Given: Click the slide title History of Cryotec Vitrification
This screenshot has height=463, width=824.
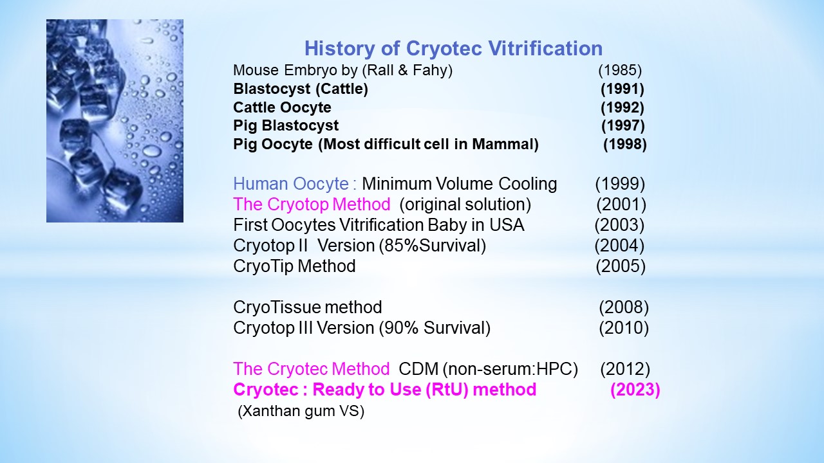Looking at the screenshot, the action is [x=453, y=48].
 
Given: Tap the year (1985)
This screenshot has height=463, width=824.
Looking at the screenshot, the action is [x=620, y=70].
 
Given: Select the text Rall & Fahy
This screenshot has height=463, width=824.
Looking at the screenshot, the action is [x=407, y=70].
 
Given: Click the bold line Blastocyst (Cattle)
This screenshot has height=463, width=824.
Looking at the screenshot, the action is [x=301, y=89].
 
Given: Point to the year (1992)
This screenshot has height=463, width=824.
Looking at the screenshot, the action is [x=622, y=107].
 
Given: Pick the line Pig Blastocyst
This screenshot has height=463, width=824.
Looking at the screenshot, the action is [x=286, y=125].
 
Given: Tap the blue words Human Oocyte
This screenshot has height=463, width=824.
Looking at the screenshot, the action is [x=291, y=184].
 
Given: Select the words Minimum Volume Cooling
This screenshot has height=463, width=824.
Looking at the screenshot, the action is [x=460, y=184].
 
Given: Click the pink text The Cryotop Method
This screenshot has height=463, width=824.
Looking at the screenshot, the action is [x=312, y=204].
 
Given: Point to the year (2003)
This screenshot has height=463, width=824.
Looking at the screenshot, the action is [x=619, y=225].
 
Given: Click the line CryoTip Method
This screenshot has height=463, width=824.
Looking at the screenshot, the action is [x=294, y=266].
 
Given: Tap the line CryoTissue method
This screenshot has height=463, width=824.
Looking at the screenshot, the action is [x=308, y=307].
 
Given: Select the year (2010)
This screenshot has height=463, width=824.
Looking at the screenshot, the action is [x=624, y=328].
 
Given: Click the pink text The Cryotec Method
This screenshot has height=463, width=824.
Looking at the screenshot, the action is [x=311, y=369].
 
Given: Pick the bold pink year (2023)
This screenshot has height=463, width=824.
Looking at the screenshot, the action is [x=635, y=390].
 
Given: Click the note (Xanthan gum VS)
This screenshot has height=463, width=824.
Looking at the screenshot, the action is [x=301, y=411].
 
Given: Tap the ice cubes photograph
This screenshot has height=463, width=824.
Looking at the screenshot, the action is [x=115, y=121].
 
